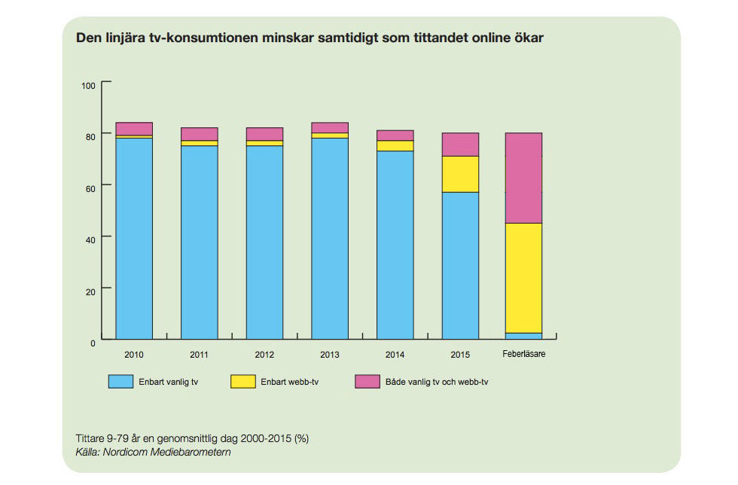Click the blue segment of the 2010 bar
[x=134, y=238]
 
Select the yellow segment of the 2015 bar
[x=460, y=174]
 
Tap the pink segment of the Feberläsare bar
[x=523, y=178]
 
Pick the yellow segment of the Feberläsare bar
[x=523, y=278]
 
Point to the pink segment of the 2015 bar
[x=460, y=145]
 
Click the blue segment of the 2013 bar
[x=330, y=238]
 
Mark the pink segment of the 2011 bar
[x=200, y=134]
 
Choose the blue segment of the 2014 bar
[x=395, y=245]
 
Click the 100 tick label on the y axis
[x=88, y=85]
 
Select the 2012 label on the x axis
[x=264, y=354]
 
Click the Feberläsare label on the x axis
[x=523, y=354]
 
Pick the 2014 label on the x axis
[x=395, y=354]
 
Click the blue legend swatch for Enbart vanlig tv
[x=120, y=382]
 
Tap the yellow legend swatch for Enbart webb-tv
[x=242, y=382]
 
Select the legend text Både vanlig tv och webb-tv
[x=437, y=383]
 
